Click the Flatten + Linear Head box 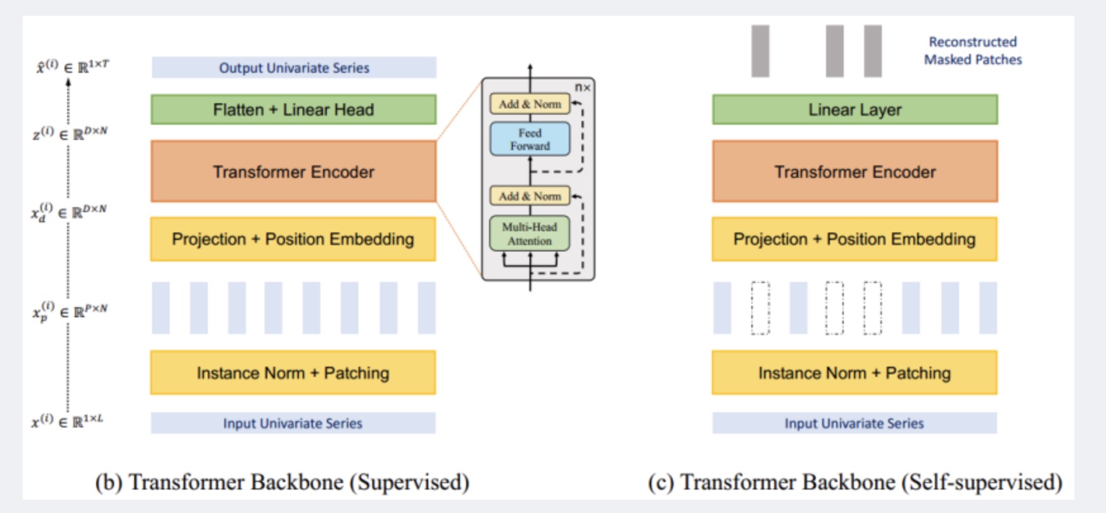293,110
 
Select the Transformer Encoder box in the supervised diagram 293,172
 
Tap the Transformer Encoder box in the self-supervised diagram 855,172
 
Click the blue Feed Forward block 530,139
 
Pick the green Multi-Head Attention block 530,234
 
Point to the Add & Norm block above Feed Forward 530,104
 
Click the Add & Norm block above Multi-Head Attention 530,196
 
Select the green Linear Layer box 855,110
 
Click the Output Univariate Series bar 294,68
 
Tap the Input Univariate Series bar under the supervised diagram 293,423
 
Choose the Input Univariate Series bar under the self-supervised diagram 855,423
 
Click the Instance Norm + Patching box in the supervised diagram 293,373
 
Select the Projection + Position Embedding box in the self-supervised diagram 855,239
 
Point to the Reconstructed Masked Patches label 973,51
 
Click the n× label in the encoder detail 583,87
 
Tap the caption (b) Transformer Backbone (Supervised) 283,482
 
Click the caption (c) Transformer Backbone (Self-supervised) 855,482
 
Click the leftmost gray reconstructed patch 760,51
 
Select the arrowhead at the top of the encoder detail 530,66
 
